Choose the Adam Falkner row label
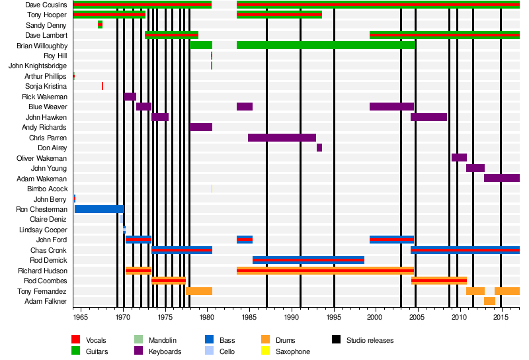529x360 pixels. [48, 301]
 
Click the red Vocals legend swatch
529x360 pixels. [76, 340]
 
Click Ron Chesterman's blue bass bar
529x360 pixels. [99, 209]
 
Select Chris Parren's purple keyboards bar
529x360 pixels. [282, 138]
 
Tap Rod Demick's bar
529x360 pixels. [308, 260]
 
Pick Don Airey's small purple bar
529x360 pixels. [319, 148]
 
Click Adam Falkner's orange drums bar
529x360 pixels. [489, 301]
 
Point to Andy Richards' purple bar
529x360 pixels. [201, 127]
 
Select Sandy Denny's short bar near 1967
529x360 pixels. [100, 25]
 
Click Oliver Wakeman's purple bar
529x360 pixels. [459, 157]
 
